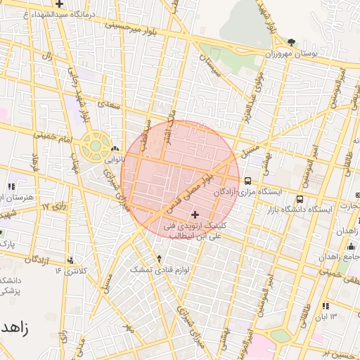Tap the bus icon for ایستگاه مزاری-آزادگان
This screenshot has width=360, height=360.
[247, 181]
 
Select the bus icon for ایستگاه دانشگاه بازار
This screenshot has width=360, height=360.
[300, 199]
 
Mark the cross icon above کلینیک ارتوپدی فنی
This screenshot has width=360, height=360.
[195, 214]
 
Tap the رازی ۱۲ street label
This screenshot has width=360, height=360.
[53, 207]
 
